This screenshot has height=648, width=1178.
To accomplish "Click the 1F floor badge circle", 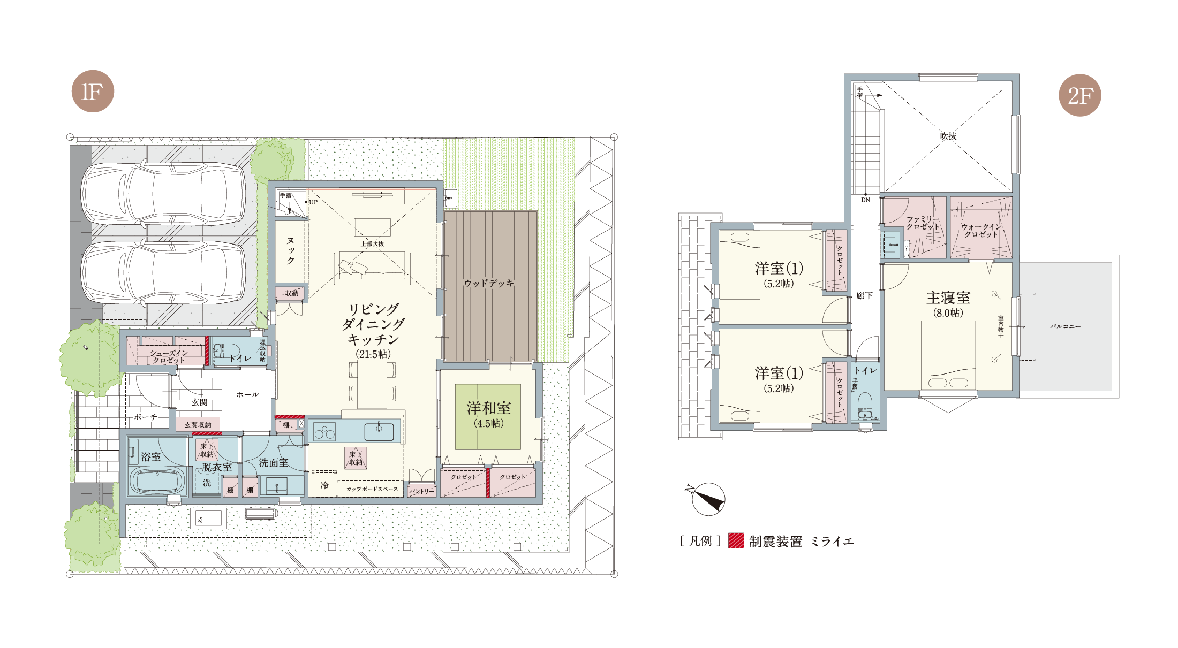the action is point(93,91).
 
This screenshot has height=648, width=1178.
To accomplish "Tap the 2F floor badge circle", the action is point(1080,95).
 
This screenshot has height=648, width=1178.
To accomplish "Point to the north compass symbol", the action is point(707,499).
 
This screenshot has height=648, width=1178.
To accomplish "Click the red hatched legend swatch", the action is point(736,541).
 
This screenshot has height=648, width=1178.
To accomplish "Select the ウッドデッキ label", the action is point(489,283).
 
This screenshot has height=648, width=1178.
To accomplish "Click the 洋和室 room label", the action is point(488,408).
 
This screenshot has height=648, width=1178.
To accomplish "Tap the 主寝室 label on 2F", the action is point(948,298).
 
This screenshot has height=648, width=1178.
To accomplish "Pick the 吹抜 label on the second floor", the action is point(948,136).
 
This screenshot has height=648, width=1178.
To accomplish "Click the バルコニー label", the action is point(1066,326).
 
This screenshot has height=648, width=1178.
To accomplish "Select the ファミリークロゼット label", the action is point(923,223).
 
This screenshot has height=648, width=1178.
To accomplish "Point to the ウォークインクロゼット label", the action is point(981,231).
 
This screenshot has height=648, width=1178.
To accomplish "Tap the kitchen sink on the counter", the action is point(379,431).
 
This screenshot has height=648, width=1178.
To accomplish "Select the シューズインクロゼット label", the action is point(169,356).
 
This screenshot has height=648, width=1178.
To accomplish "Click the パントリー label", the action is point(422,491).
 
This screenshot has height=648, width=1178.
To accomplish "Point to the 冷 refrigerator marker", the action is point(324,485).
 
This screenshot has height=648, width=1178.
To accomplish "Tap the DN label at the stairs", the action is point(866,200).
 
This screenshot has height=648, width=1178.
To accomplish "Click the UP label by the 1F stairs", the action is point(313,202).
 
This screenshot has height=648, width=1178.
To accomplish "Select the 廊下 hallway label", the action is point(864,296).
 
